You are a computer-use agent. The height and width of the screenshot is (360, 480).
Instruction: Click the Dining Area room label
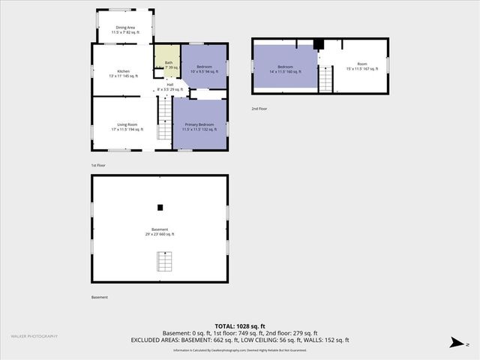[124, 31]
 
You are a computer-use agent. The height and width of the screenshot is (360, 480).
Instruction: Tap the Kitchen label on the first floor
[124, 73]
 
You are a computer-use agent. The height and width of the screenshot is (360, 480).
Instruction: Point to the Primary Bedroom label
[199, 127]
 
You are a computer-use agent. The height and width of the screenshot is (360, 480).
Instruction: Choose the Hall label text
[170, 87]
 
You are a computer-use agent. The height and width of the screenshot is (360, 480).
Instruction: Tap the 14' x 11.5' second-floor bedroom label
[285, 69]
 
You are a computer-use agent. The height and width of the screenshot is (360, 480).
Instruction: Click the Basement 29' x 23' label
[160, 231]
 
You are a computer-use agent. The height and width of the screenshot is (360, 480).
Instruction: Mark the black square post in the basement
[160, 208]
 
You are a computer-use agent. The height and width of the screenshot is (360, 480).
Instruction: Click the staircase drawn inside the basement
[163, 262]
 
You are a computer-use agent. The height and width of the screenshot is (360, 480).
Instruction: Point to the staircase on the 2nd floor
[326, 79]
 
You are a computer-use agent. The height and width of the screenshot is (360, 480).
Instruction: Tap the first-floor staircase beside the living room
[164, 121]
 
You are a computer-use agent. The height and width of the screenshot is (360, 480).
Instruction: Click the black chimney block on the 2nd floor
[318, 43]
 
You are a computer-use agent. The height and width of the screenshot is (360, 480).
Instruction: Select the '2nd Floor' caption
[259, 109]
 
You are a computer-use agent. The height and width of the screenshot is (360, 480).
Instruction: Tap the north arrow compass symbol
[454, 343]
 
